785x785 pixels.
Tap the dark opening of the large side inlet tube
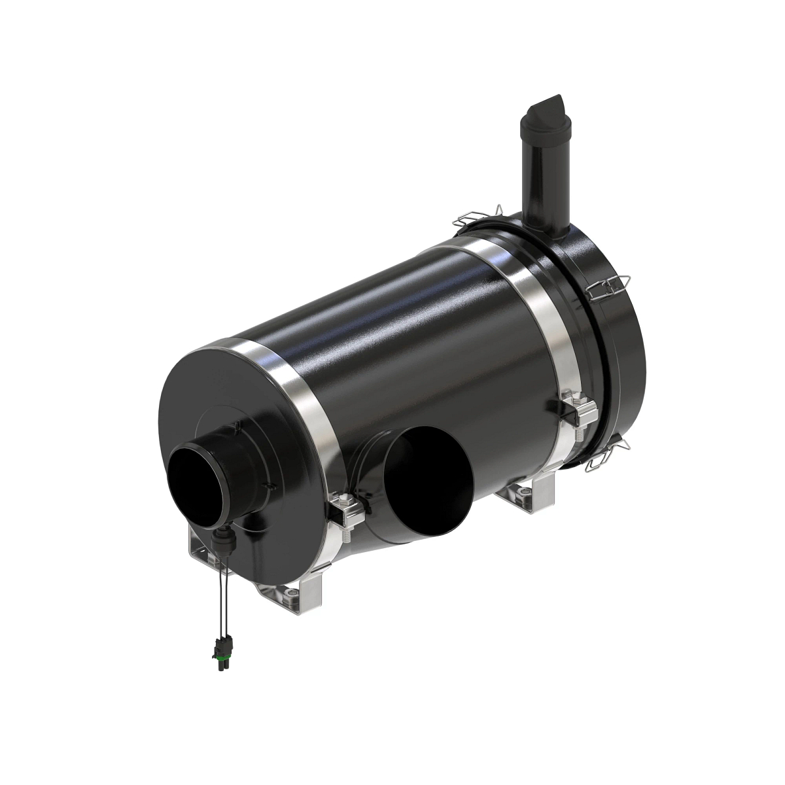(x=419, y=478)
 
